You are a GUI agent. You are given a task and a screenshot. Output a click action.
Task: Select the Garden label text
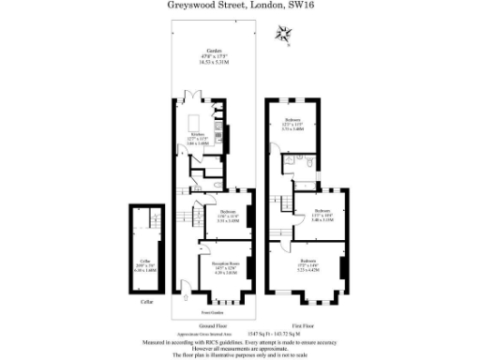202,52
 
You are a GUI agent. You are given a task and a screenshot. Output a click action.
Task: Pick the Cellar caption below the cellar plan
145,304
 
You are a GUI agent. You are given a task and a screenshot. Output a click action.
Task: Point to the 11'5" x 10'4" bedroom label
322,213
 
